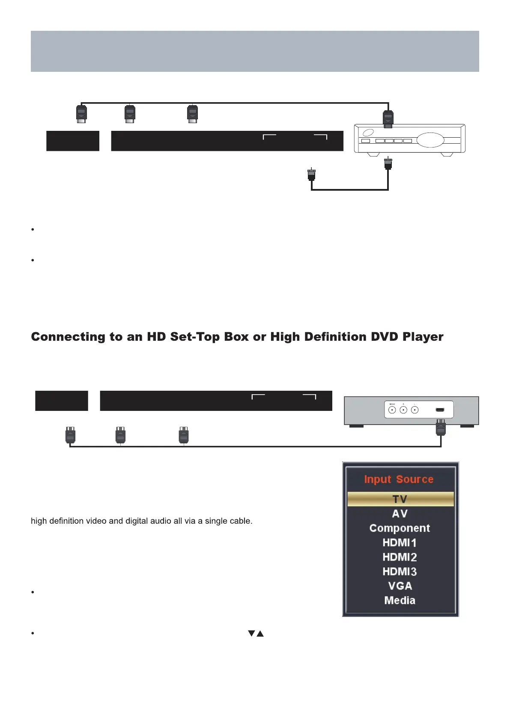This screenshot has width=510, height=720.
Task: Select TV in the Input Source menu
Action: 400,499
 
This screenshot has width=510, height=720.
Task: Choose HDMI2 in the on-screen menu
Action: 400,557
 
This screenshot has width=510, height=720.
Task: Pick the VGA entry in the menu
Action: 400,586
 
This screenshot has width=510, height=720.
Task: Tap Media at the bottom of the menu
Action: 400,600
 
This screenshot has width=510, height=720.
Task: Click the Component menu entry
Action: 400,528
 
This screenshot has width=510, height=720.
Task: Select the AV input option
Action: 400,513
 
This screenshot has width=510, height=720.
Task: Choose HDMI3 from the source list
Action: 400,572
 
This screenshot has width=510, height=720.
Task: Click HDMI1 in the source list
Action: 400,543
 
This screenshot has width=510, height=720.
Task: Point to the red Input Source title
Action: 399,479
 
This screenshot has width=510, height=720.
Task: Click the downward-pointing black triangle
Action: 252,633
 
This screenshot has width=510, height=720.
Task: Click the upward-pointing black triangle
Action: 260,633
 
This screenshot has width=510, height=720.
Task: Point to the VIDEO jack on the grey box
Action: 392,410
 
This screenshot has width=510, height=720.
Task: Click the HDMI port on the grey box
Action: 440,410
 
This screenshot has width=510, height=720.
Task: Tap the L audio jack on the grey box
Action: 415,410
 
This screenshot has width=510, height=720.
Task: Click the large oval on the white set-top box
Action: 430,140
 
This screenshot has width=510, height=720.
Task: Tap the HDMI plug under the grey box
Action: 441,428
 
